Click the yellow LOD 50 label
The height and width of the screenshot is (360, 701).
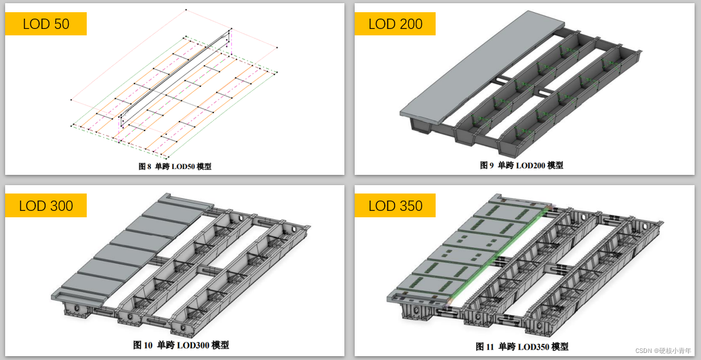[x=46, y=24]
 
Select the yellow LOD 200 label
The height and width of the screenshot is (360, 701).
[x=395, y=24]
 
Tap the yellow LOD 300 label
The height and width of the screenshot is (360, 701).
[x=46, y=205]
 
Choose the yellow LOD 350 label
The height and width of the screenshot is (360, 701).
[x=395, y=205]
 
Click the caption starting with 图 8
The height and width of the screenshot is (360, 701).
[x=175, y=166]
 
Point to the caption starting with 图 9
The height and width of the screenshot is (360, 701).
[x=522, y=165]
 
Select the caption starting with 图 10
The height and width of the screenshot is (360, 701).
[x=181, y=345]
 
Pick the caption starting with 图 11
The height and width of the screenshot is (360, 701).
[x=522, y=346]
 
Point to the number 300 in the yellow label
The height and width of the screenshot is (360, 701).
[x=60, y=206]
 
